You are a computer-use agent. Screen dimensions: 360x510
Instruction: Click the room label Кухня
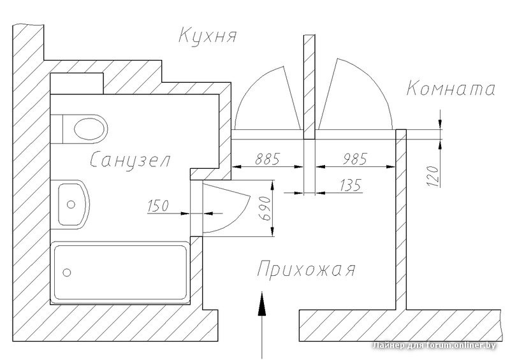[208, 34]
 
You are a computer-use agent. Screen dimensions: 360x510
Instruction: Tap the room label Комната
[451, 89]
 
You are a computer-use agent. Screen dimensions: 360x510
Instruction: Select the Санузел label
[130, 159]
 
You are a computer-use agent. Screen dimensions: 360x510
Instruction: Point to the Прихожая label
[305, 270]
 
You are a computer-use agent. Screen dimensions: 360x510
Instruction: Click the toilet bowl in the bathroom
[89, 129]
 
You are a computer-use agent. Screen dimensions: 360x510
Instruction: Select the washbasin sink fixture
[71, 204]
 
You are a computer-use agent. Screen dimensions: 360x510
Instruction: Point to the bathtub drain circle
[67, 272]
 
